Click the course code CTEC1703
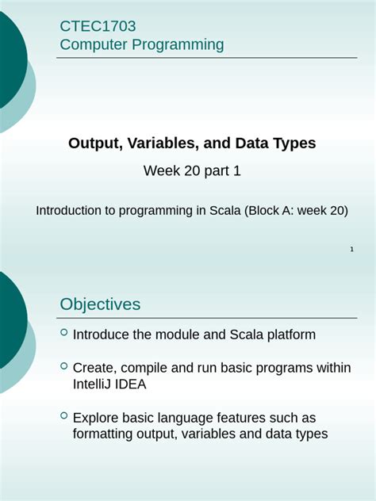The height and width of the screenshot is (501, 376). [92, 26]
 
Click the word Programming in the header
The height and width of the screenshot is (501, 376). [177, 45]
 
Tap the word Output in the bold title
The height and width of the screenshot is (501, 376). [91, 143]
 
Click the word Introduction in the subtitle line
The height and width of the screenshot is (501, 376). [70, 211]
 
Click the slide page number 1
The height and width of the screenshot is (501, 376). [351, 250]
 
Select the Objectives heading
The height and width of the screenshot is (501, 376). [100, 304]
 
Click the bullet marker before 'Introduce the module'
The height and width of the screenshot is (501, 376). [63, 333]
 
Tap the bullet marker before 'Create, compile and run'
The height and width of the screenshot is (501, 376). [63, 366]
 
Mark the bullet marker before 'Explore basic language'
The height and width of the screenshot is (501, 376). [63, 415]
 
